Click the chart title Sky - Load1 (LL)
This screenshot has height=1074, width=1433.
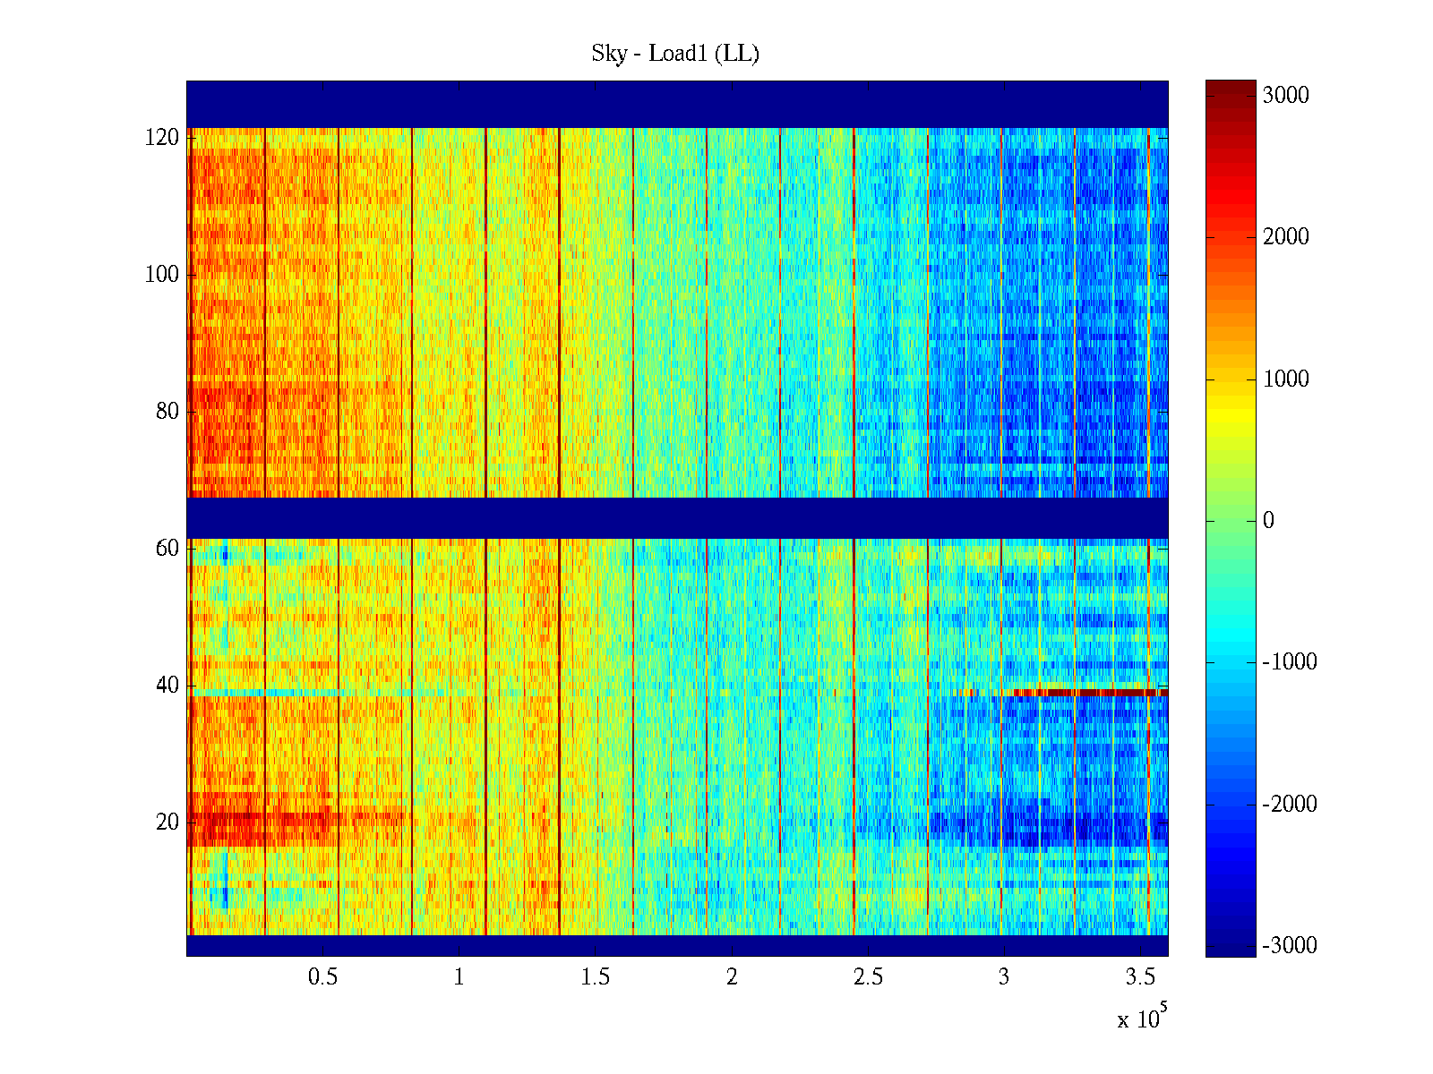tap(675, 54)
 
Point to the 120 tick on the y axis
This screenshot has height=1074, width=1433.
tap(162, 138)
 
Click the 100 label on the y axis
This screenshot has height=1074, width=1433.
tap(162, 275)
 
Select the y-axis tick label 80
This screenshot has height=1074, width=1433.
tap(167, 412)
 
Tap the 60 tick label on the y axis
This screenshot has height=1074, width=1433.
tap(167, 549)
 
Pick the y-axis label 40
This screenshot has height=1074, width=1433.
tap(167, 686)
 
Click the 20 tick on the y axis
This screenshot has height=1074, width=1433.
tap(167, 823)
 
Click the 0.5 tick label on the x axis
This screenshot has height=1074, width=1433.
tap(322, 977)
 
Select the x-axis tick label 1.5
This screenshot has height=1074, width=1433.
tap(596, 977)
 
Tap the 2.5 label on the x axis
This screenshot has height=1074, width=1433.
tap(868, 977)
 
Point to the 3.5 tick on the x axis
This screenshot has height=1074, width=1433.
tap(1140, 977)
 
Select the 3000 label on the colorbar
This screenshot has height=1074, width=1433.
tap(1286, 96)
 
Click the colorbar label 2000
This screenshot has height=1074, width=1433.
tap(1286, 237)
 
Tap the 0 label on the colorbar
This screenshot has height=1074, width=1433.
tap(1268, 521)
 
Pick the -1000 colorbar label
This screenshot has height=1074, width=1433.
tap(1290, 662)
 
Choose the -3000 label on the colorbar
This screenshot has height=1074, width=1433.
tap(1290, 946)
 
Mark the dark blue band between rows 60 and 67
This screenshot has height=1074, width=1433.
tap(677, 518)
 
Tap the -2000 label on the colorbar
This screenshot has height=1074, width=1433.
tap(1290, 805)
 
